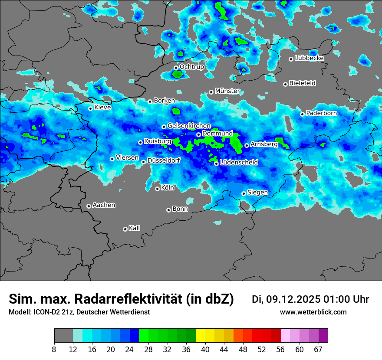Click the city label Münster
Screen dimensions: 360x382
[227, 91]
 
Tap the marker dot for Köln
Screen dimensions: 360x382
[158, 189]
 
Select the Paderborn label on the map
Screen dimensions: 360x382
[321, 113]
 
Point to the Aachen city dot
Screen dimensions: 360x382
[89, 206]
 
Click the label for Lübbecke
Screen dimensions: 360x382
[309, 58]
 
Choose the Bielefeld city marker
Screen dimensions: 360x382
[286, 84]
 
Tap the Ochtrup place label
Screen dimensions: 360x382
[191, 67]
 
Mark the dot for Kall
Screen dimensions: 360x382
[125, 229]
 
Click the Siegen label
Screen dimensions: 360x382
[257, 193]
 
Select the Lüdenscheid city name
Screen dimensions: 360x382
[239, 163]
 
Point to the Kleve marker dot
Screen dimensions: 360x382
[91, 108]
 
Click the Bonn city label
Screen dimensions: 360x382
[180, 209]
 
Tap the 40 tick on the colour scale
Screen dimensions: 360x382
[205, 349]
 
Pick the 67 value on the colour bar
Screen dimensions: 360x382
[318, 349]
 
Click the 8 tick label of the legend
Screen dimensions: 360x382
[55, 349]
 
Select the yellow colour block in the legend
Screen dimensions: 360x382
[201, 336]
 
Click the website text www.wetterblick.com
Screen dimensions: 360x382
[313, 312]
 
